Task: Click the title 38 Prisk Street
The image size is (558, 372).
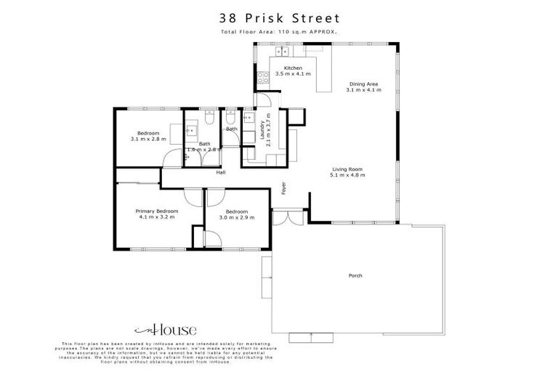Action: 278,17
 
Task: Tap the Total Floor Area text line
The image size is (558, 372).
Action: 278,33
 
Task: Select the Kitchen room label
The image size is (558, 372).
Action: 293,68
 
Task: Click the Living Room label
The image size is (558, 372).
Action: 346,169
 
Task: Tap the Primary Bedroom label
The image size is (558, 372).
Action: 157,211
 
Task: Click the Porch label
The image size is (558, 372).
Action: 355,275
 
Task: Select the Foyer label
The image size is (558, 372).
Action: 284,188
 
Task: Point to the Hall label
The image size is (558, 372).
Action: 220,172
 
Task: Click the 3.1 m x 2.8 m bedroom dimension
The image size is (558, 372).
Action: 148,138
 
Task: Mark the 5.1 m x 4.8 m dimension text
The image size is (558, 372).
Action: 346,175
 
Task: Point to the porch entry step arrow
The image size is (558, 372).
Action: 311,336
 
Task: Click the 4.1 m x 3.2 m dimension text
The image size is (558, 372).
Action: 157,217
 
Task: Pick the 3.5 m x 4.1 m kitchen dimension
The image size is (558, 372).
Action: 293,74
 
